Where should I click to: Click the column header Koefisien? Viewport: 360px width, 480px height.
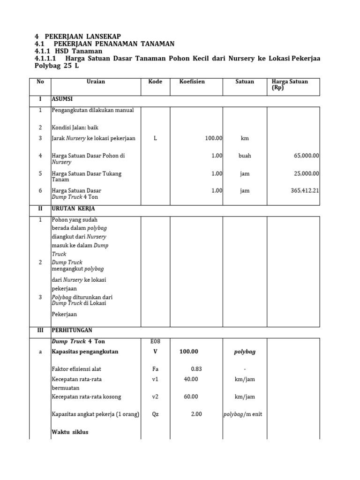pos(192,82)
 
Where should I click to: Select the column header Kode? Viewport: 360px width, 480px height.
pos(155,82)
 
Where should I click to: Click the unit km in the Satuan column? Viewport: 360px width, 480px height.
pos(245,139)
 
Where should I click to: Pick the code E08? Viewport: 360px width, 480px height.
pos(155,343)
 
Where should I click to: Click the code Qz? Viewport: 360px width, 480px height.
pos(155,414)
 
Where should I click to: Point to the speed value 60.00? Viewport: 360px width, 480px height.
pos(190,397)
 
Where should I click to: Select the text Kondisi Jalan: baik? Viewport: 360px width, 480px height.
pos(75,127)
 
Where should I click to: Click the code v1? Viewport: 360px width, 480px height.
pos(155,379)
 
